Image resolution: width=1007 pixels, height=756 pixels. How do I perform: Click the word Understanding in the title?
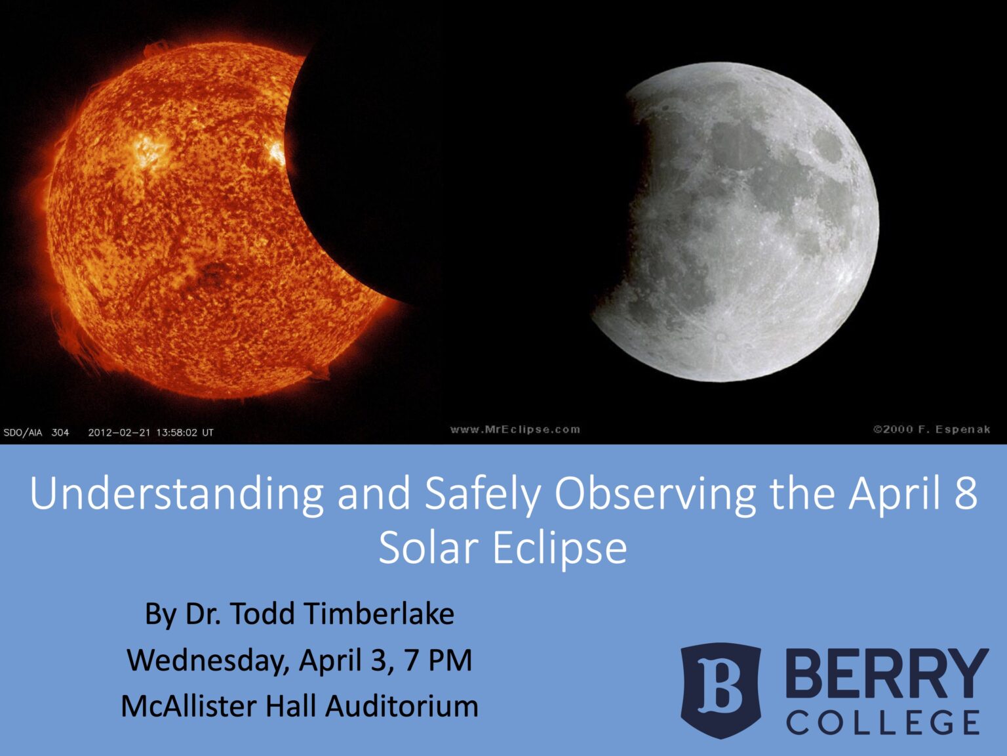(x=176, y=494)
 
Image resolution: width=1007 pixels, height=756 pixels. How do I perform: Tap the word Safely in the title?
(x=483, y=494)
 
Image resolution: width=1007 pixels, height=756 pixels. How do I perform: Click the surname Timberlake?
(x=380, y=614)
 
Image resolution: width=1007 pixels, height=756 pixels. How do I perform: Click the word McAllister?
(x=189, y=707)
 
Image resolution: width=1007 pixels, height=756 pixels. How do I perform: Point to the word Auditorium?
(x=401, y=707)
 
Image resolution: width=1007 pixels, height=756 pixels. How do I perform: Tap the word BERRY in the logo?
(x=886, y=673)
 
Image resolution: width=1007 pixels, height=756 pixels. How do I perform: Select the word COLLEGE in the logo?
(x=883, y=723)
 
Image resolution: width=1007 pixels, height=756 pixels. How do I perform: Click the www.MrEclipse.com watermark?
(x=515, y=430)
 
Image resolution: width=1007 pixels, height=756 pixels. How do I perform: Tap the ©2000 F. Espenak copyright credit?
(x=931, y=430)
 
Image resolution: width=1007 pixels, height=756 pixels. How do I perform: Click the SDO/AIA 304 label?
(x=36, y=432)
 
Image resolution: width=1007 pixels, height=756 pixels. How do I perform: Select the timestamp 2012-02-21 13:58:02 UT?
(x=151, y=432)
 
